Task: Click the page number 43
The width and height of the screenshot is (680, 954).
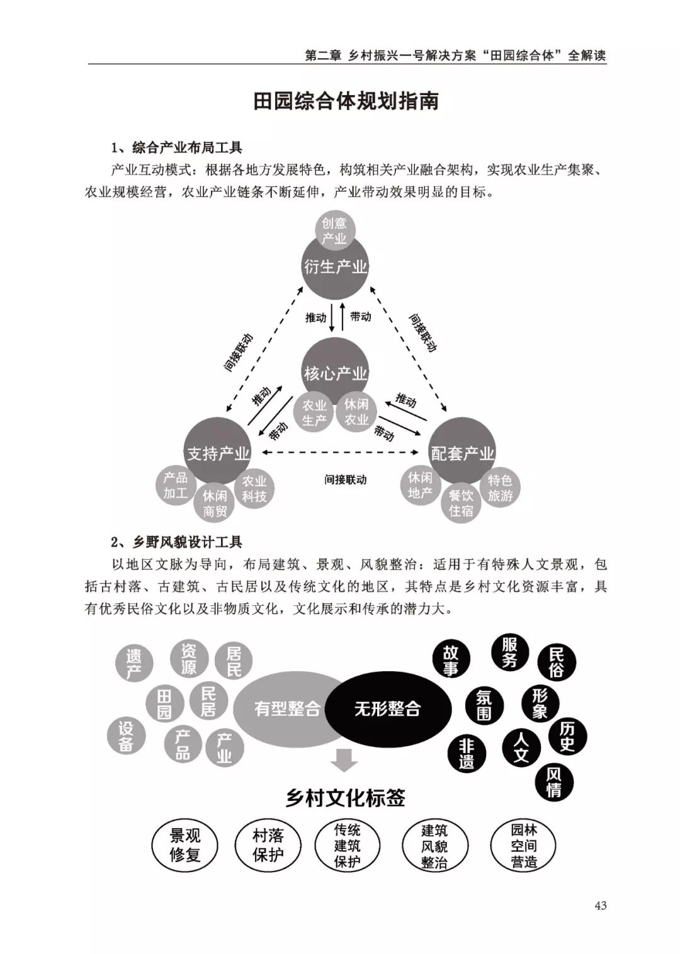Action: pos(600,906)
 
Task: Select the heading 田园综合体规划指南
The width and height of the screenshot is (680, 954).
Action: pos(346,101)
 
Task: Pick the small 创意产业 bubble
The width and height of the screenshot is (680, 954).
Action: pos(334,230)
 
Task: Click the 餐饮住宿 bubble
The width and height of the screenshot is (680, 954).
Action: pos(461,503)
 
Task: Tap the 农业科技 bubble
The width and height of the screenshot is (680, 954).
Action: pos(254,489)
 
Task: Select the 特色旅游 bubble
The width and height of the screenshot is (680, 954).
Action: pos(500,488)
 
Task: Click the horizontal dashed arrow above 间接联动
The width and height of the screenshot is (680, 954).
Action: pos(341,452)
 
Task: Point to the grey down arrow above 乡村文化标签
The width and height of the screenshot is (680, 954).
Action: pos(344,760)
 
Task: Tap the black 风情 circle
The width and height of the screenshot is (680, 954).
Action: pos(553,781)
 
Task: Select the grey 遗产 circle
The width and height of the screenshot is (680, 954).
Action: pos(133,664)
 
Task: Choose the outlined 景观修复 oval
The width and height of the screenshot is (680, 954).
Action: pos(184,845)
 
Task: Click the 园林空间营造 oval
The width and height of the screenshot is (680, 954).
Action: pos(523,845)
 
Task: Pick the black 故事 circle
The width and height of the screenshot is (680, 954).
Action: pos(450,659)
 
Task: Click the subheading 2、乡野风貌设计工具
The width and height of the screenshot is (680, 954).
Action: pos(176,542)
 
